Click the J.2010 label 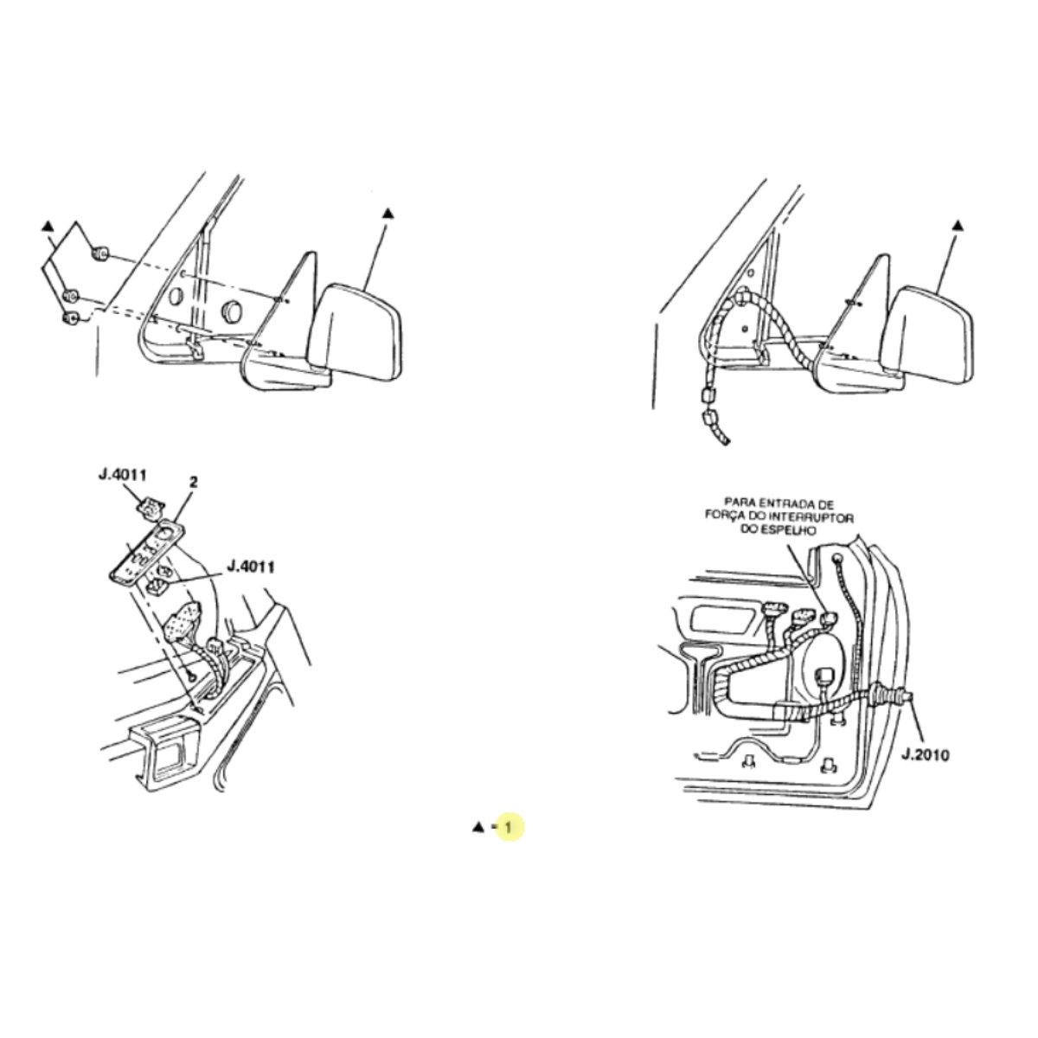click(x=925, y=755)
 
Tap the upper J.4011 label click(x=122, y=475)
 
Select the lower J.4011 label click(x=251, y=567)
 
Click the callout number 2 click(x=194, y=482)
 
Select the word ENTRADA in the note click(x=780, y=505)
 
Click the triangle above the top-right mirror click(x=958, y=226)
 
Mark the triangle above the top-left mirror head click(x=388, y=214)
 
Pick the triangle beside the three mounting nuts click(x=48, y=226)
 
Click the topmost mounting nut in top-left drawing click(x=100, y=253)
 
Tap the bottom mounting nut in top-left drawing click(x=71, y=319)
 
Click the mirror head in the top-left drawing click(x=356, y=332)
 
